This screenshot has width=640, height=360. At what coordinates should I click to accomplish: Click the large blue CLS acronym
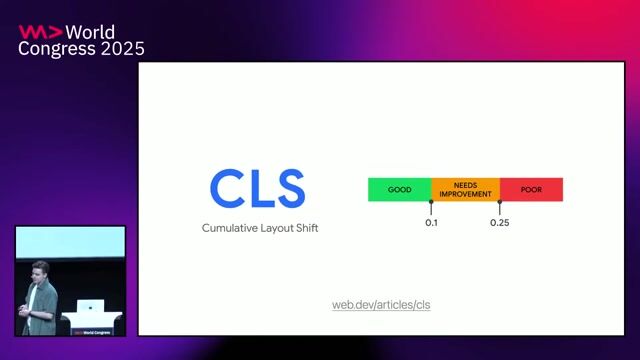(257, 189)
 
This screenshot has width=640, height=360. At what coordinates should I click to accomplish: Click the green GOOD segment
(399, 189)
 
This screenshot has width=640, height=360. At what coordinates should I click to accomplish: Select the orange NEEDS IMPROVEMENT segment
(465, 189)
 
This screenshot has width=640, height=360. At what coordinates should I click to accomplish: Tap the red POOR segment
(531, 189)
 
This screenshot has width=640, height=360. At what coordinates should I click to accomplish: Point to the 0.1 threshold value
(431, 222)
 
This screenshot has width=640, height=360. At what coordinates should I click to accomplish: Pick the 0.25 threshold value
(499, 222)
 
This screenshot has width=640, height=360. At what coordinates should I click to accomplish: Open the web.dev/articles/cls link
(381, 304)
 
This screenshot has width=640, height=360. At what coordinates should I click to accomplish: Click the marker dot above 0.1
(431, 202)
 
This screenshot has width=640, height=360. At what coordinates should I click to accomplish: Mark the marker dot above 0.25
(499, 202)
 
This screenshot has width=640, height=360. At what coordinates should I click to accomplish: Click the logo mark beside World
(33, 32)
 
